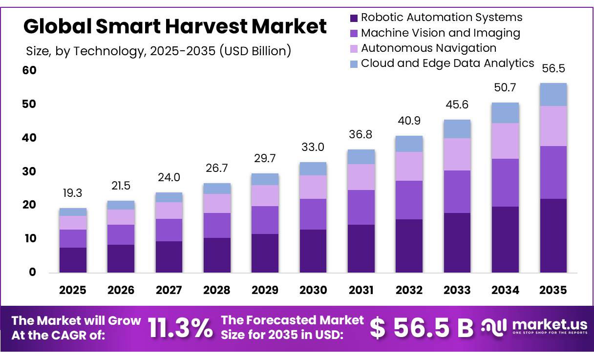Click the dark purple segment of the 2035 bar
click(x=553, y=235)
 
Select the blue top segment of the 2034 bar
click(x=505, y=113)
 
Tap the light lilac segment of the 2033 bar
click(x=457, y=154)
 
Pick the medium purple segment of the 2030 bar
click(x=313, y=214)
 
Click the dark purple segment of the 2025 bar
click(x=73, y=260)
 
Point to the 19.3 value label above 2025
click(x=73, y=193)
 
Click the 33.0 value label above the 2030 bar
click(x=313, y=147)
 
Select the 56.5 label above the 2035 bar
click(x=553, y=68)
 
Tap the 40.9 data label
click(x=409, y=121)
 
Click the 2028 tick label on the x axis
click(x=217, y=290)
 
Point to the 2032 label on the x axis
click(x=409, y=290)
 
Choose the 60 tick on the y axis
click(x=29, y=70)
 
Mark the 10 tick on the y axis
click(x=29, y=238)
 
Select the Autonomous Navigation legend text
click(x=428, y=48)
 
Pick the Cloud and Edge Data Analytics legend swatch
click(x=354, y=64)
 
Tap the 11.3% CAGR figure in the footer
click(x=180, y=328)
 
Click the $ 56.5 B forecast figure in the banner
click(x=421, y=328)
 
